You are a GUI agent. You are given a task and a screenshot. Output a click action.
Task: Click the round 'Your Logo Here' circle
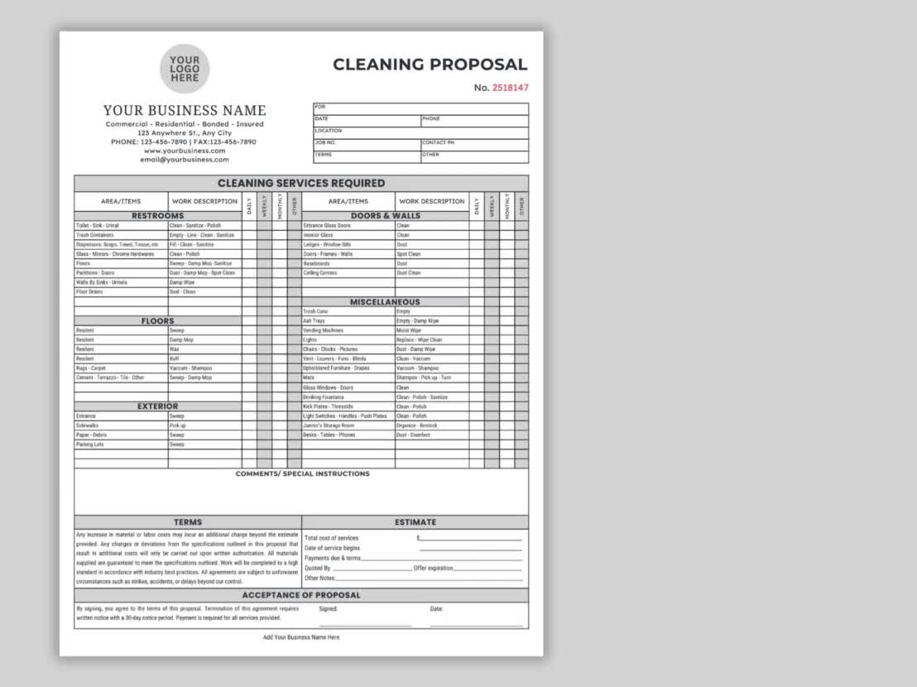click(185, 68)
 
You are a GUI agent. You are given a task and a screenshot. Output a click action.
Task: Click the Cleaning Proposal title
click(430, 65)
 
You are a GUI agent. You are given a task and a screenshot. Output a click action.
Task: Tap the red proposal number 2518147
click(511, 88)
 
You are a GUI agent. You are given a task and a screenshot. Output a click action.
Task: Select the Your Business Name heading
click(185, 110)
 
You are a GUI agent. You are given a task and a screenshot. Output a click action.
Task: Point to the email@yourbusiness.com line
click(185, 160)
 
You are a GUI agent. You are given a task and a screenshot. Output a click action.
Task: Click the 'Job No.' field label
click(325, 142)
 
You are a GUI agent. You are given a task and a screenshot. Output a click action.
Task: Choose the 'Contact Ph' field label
click(439, 142)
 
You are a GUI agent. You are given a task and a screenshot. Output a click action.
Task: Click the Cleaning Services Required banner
click(301, 183)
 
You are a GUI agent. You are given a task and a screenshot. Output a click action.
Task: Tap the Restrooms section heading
click(157, 216)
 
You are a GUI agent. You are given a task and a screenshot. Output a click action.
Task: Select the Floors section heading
click(157, 321)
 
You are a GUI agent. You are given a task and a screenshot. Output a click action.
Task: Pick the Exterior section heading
click(157, 406)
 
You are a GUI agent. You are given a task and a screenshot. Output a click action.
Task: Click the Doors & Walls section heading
click(385, 216)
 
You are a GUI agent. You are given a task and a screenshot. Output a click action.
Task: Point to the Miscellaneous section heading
click(385, 302)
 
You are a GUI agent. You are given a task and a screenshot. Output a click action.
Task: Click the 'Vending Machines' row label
click(323, 330)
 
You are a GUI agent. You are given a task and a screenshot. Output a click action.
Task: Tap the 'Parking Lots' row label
click(89, 444)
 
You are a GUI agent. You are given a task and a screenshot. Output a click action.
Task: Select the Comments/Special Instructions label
click(302, 474)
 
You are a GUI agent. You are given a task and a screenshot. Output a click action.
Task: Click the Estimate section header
click(415, 522)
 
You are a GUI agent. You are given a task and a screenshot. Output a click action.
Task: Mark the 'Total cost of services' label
click(331, 538)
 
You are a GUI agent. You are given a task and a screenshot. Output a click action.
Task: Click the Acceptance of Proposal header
click(301, 595)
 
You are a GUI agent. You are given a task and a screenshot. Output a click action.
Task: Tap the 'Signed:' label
click(329, 609)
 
